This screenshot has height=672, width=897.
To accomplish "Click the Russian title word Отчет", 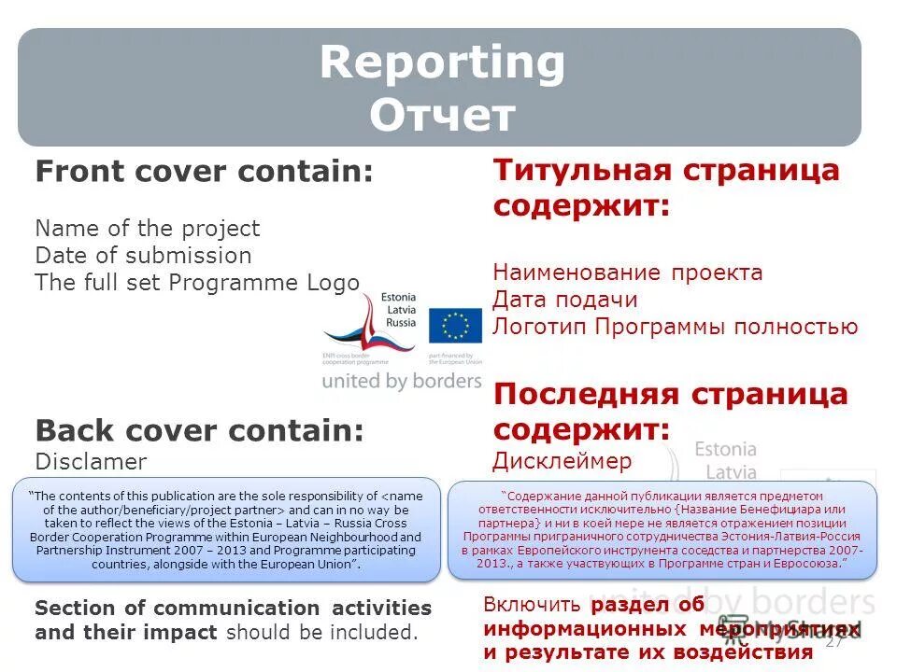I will click(442, 117).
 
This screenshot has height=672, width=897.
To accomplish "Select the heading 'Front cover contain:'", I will click(204, 172).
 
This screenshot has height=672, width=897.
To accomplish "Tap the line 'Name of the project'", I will click(147, 229).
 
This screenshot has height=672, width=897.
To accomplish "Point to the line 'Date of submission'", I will click(143, 256).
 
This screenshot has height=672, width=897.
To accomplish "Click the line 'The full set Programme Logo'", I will click(197, 283).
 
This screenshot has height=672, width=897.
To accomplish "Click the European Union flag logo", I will click(455, 326).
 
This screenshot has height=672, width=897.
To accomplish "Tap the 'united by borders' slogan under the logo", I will click(402, 381).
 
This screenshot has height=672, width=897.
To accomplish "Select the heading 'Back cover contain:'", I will click(199, 431).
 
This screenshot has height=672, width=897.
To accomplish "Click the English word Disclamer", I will click(91, 462).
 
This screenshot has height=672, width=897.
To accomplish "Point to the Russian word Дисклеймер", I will click(562, 461).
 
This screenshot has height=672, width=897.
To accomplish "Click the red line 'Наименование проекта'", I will click(628, 273).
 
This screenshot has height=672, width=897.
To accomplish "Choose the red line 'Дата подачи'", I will click(565, 300).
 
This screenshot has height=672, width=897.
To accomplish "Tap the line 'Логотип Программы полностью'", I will click(675, 327).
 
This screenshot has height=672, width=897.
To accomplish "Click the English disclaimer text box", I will click(226, 530).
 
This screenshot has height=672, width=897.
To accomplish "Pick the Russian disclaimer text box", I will click(663, 530).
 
